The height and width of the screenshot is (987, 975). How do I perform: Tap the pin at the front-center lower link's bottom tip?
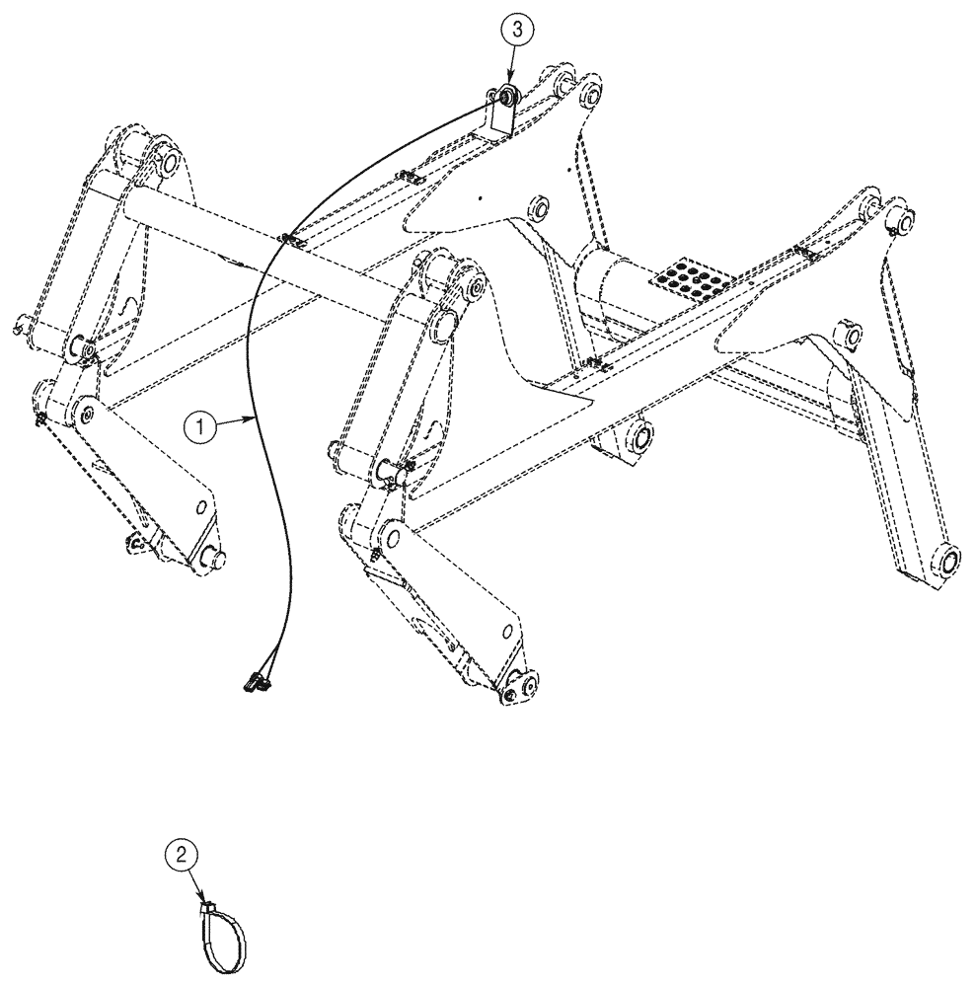tap(523, 687)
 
